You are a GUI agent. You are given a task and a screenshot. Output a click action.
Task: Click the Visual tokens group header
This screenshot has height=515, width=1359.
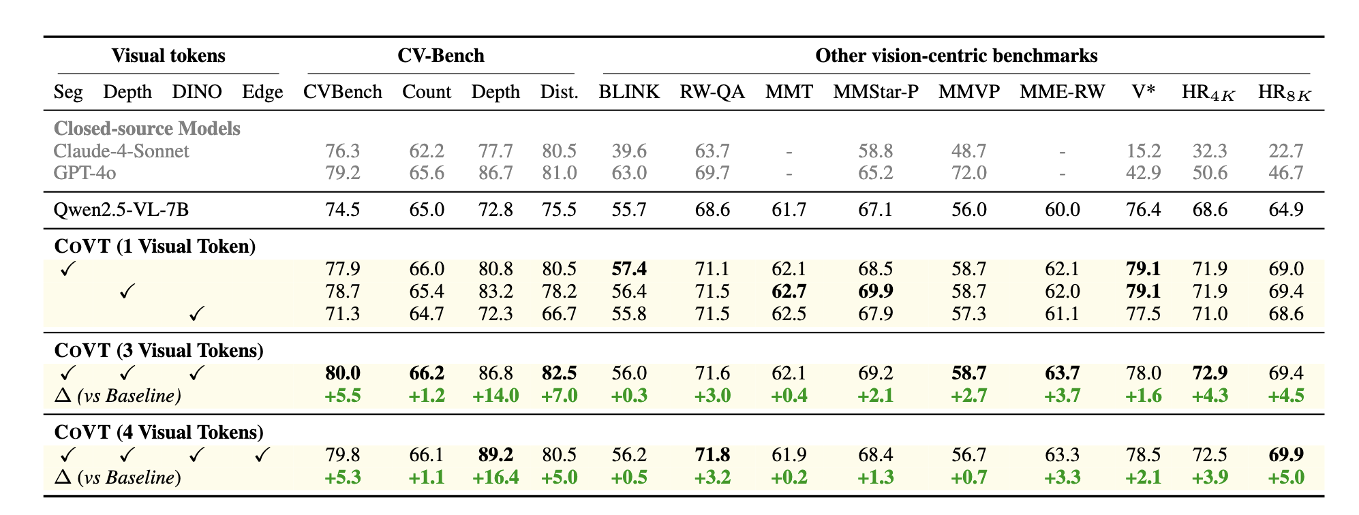click(168, 56)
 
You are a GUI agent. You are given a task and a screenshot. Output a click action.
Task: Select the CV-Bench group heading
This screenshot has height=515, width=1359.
click(440, 56)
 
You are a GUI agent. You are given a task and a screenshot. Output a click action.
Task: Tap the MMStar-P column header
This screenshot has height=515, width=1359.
click(875, 92)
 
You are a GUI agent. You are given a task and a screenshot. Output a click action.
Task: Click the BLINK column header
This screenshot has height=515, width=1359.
click(628, 92)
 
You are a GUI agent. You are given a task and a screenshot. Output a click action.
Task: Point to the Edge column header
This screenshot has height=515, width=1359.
click(262, 92)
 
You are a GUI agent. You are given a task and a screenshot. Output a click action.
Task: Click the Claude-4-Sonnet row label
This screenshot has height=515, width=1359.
click(121, 151)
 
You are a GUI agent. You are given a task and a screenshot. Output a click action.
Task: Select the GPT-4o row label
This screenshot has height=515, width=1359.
click(85, 173)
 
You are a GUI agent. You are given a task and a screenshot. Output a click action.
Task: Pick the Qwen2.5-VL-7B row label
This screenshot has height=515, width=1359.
click(121, 209)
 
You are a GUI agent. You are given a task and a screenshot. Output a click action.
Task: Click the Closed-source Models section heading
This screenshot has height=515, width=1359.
click(147, 129)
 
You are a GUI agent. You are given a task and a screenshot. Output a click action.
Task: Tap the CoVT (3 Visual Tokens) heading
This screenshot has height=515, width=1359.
click(158, 350)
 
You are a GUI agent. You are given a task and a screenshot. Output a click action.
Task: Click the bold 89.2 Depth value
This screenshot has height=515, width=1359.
click(495, 455)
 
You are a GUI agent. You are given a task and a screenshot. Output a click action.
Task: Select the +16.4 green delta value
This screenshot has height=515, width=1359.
click(495, 478)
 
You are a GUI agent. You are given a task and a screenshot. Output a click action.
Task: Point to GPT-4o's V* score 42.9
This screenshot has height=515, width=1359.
click(1143, 173)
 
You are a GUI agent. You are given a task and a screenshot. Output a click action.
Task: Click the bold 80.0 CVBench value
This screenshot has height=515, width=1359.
click(342, 373)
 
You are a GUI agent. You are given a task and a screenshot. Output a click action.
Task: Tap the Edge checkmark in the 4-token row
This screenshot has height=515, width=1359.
click(262, 455)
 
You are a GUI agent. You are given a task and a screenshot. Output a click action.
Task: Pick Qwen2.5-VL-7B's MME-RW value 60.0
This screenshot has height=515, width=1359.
click(1062, 209)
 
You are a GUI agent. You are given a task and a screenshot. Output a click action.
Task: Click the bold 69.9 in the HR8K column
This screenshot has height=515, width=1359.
click(1285, 455)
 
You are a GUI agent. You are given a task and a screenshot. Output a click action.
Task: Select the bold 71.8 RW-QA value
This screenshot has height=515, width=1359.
click(712, 455)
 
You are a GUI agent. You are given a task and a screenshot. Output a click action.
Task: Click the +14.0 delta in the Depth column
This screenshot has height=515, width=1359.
click(495, 396)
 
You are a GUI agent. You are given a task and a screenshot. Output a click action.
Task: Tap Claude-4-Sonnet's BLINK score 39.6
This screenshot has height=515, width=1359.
click(628, 151)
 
